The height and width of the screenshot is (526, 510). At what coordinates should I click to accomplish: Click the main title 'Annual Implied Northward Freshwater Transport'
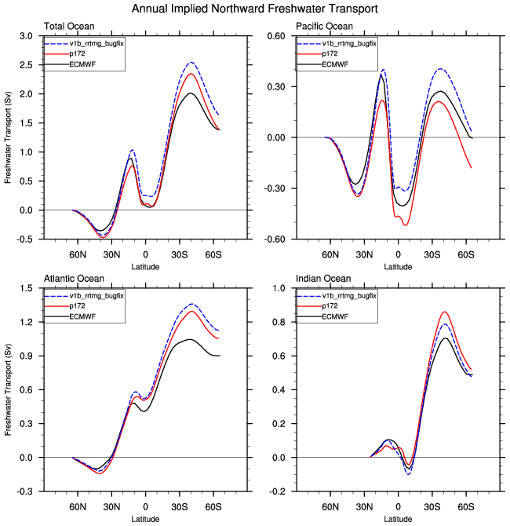[x=256, y=9]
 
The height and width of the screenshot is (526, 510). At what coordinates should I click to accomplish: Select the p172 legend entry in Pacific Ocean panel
[x=327, y=53]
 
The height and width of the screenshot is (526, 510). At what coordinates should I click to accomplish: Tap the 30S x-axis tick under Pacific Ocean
[x=432, y=256]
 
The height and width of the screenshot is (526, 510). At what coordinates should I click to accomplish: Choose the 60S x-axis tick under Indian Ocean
[x=465, y=508]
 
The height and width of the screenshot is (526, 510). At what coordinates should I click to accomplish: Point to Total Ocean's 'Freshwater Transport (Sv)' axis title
[x=8, y=137]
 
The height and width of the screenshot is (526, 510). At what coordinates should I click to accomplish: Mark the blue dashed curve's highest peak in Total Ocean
[x=191, y=63]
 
